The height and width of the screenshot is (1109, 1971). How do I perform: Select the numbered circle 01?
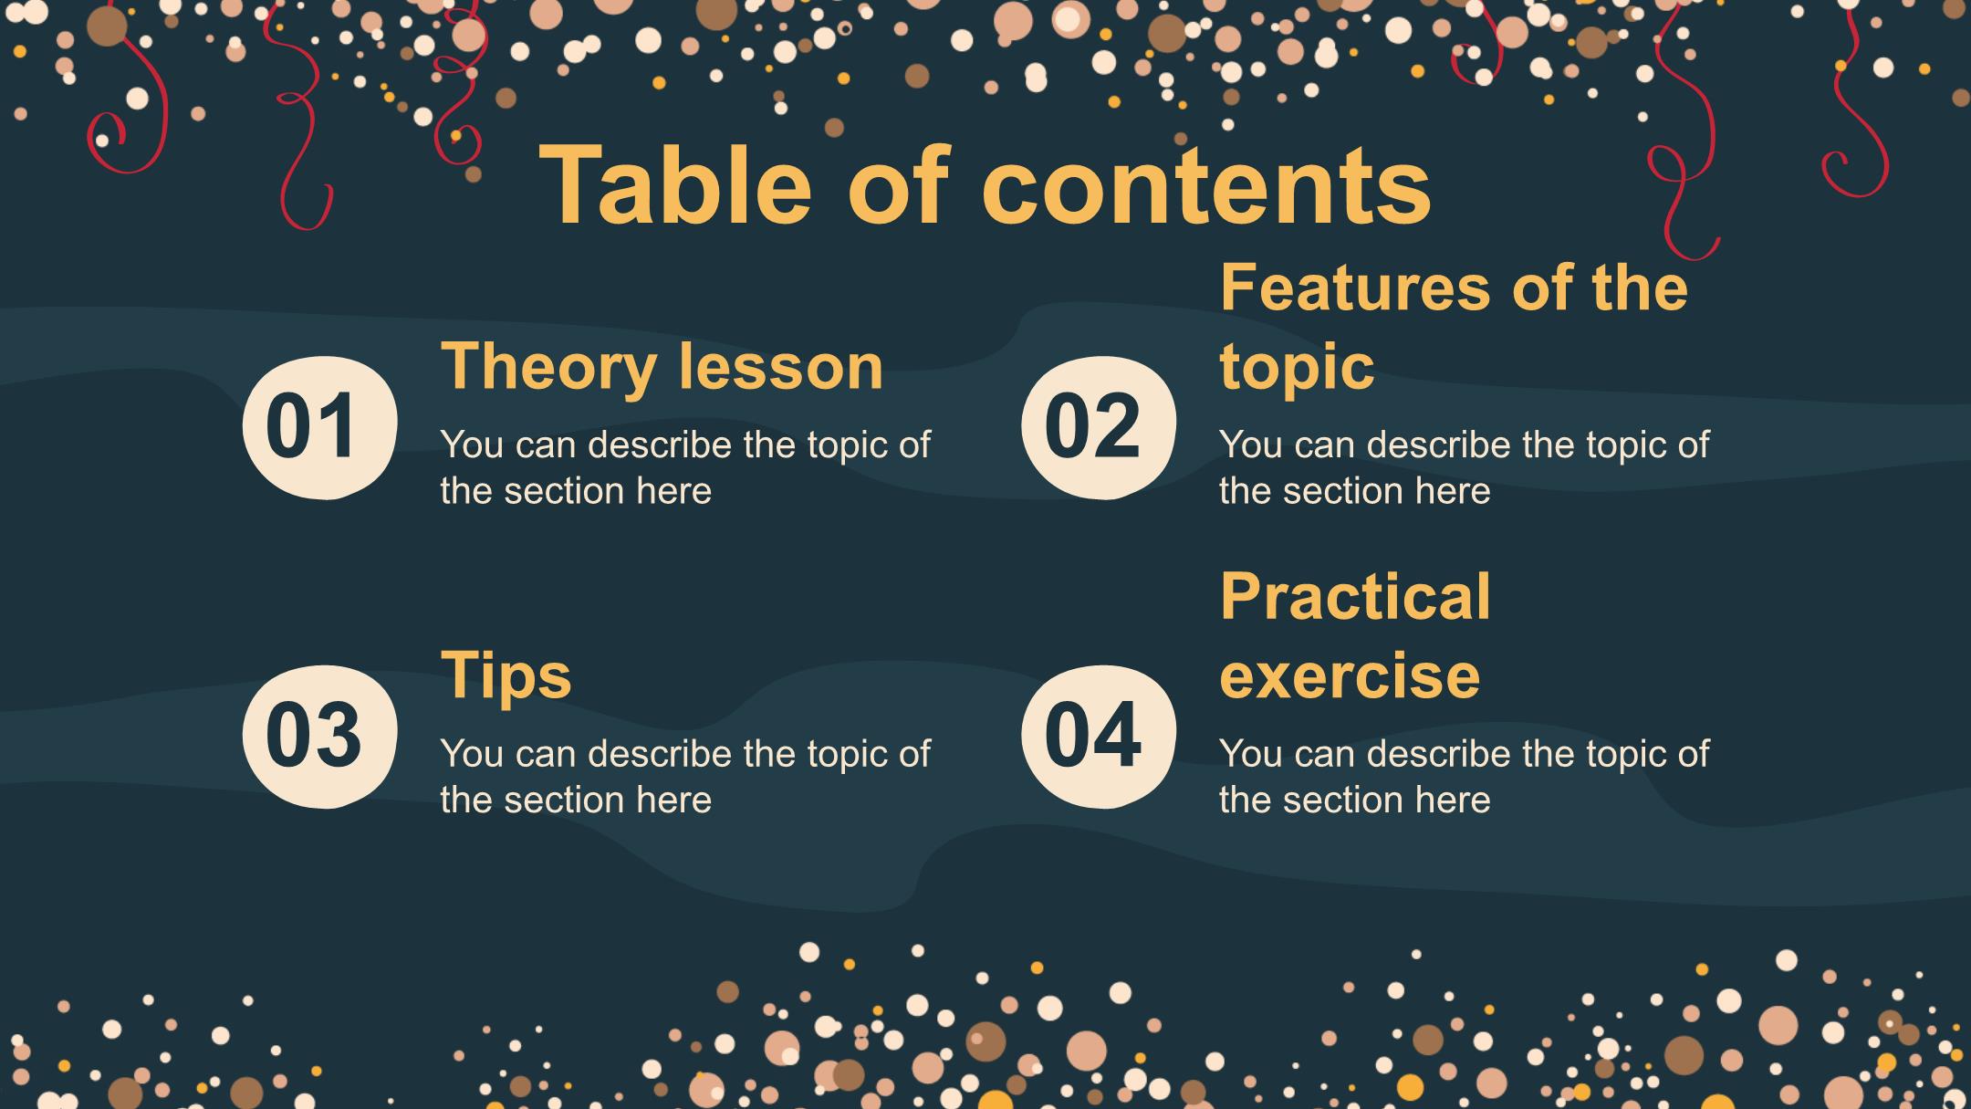[x=319, y=426]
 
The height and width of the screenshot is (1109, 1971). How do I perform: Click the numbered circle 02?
[x=1098, y=426]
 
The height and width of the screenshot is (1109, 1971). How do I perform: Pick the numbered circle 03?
[x=319, y=736]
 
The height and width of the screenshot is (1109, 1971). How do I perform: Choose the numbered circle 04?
[x=1098, y=736]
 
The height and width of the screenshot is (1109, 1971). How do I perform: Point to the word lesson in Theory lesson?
[x=781, y=367]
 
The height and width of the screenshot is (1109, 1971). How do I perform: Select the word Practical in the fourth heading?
[x=1355, y=597]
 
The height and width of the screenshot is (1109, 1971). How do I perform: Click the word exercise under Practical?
[x=1350, y=676]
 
